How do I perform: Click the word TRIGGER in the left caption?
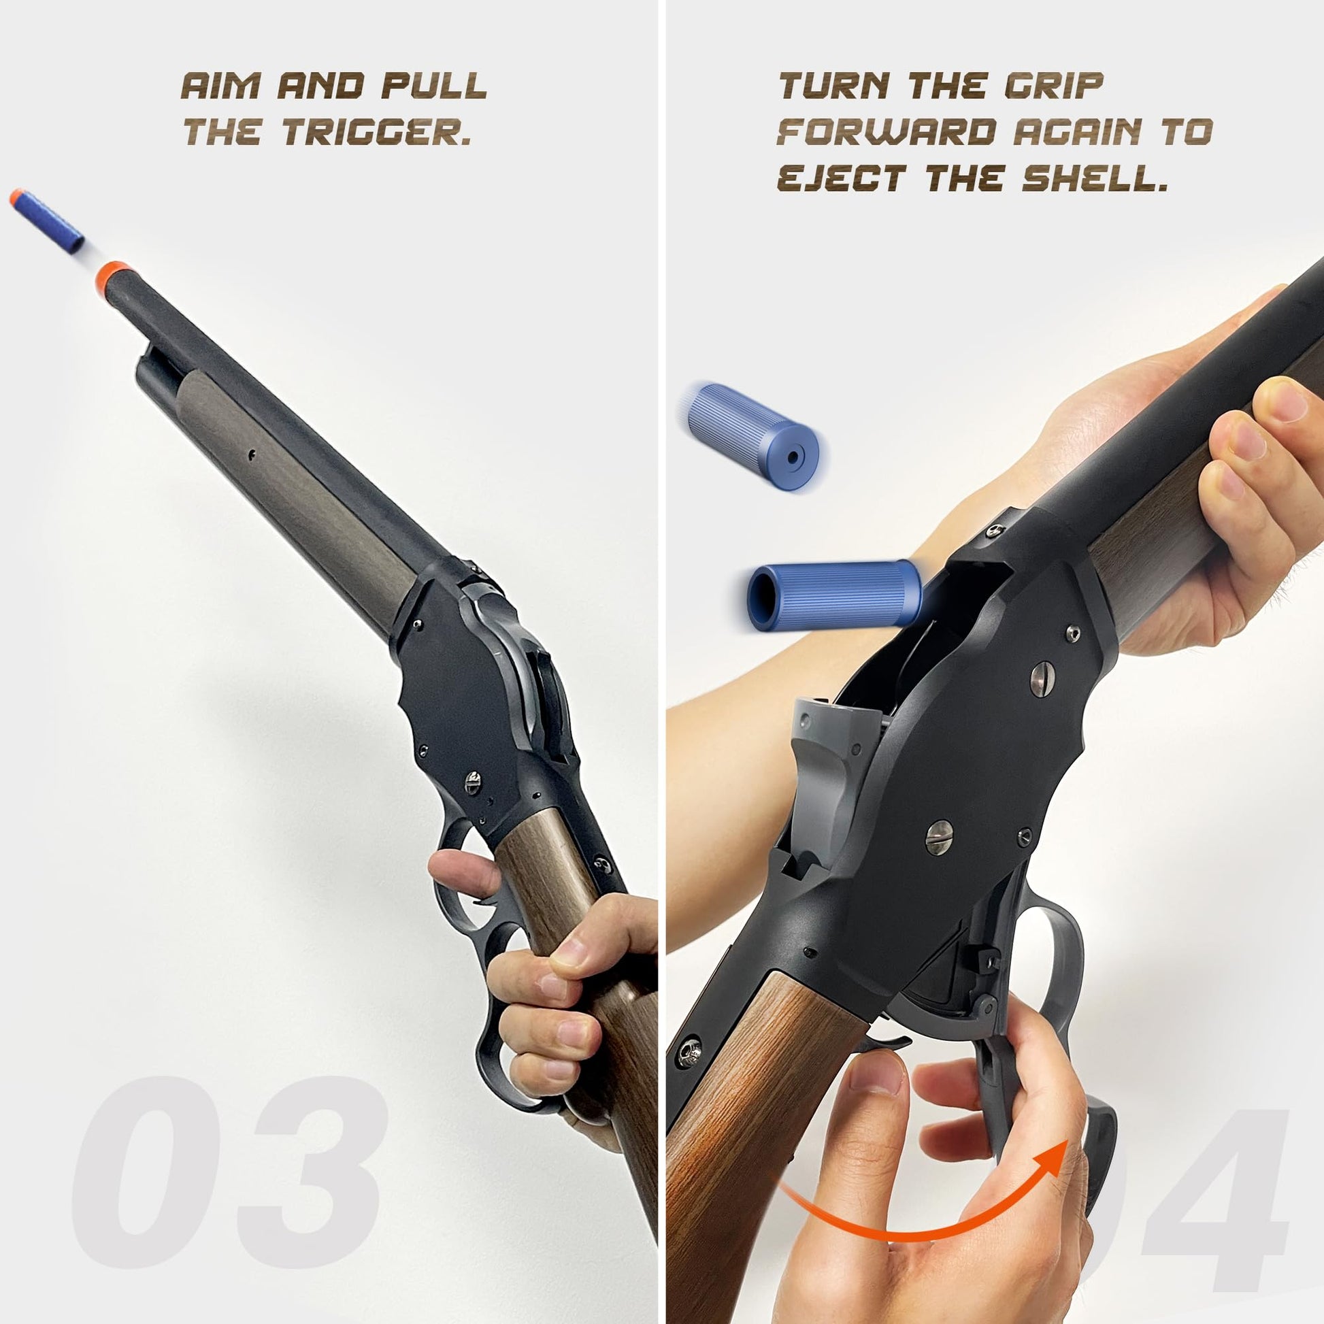376,132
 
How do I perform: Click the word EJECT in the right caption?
842,178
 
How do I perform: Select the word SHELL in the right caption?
1095,178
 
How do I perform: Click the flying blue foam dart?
46,221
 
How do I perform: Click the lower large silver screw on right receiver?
939,837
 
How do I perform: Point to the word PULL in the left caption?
434,86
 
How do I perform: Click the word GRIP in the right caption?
1054,86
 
